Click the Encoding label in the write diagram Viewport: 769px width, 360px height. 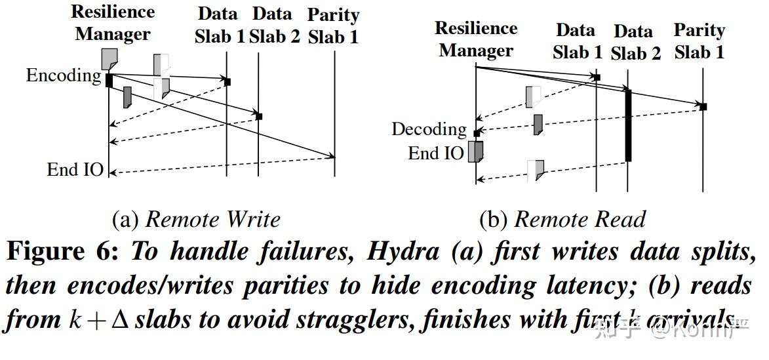click(x=64, y=75)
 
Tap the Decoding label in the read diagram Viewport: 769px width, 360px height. click(x=429, y=129)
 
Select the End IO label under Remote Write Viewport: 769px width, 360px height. click(x=75, y=170)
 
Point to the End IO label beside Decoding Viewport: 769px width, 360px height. click(x=435, y=153)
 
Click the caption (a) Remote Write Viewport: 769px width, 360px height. click(x=196, y=219)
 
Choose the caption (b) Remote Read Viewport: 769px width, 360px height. click(x=562, y=219)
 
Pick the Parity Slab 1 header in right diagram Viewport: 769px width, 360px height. click(x=699, y=41)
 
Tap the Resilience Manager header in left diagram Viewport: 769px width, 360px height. click(x=113, y=23)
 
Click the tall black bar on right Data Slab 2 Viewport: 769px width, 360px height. click(x=628, y=125)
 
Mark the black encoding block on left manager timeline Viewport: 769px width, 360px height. click(x=109, y=80)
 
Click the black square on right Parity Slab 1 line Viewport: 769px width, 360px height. click(x=703, y=106)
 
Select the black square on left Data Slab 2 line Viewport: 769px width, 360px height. click(x=259, y=116)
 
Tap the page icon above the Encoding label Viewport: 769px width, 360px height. click(x=109, y=58)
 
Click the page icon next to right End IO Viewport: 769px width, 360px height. click(x=476, y=151)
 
